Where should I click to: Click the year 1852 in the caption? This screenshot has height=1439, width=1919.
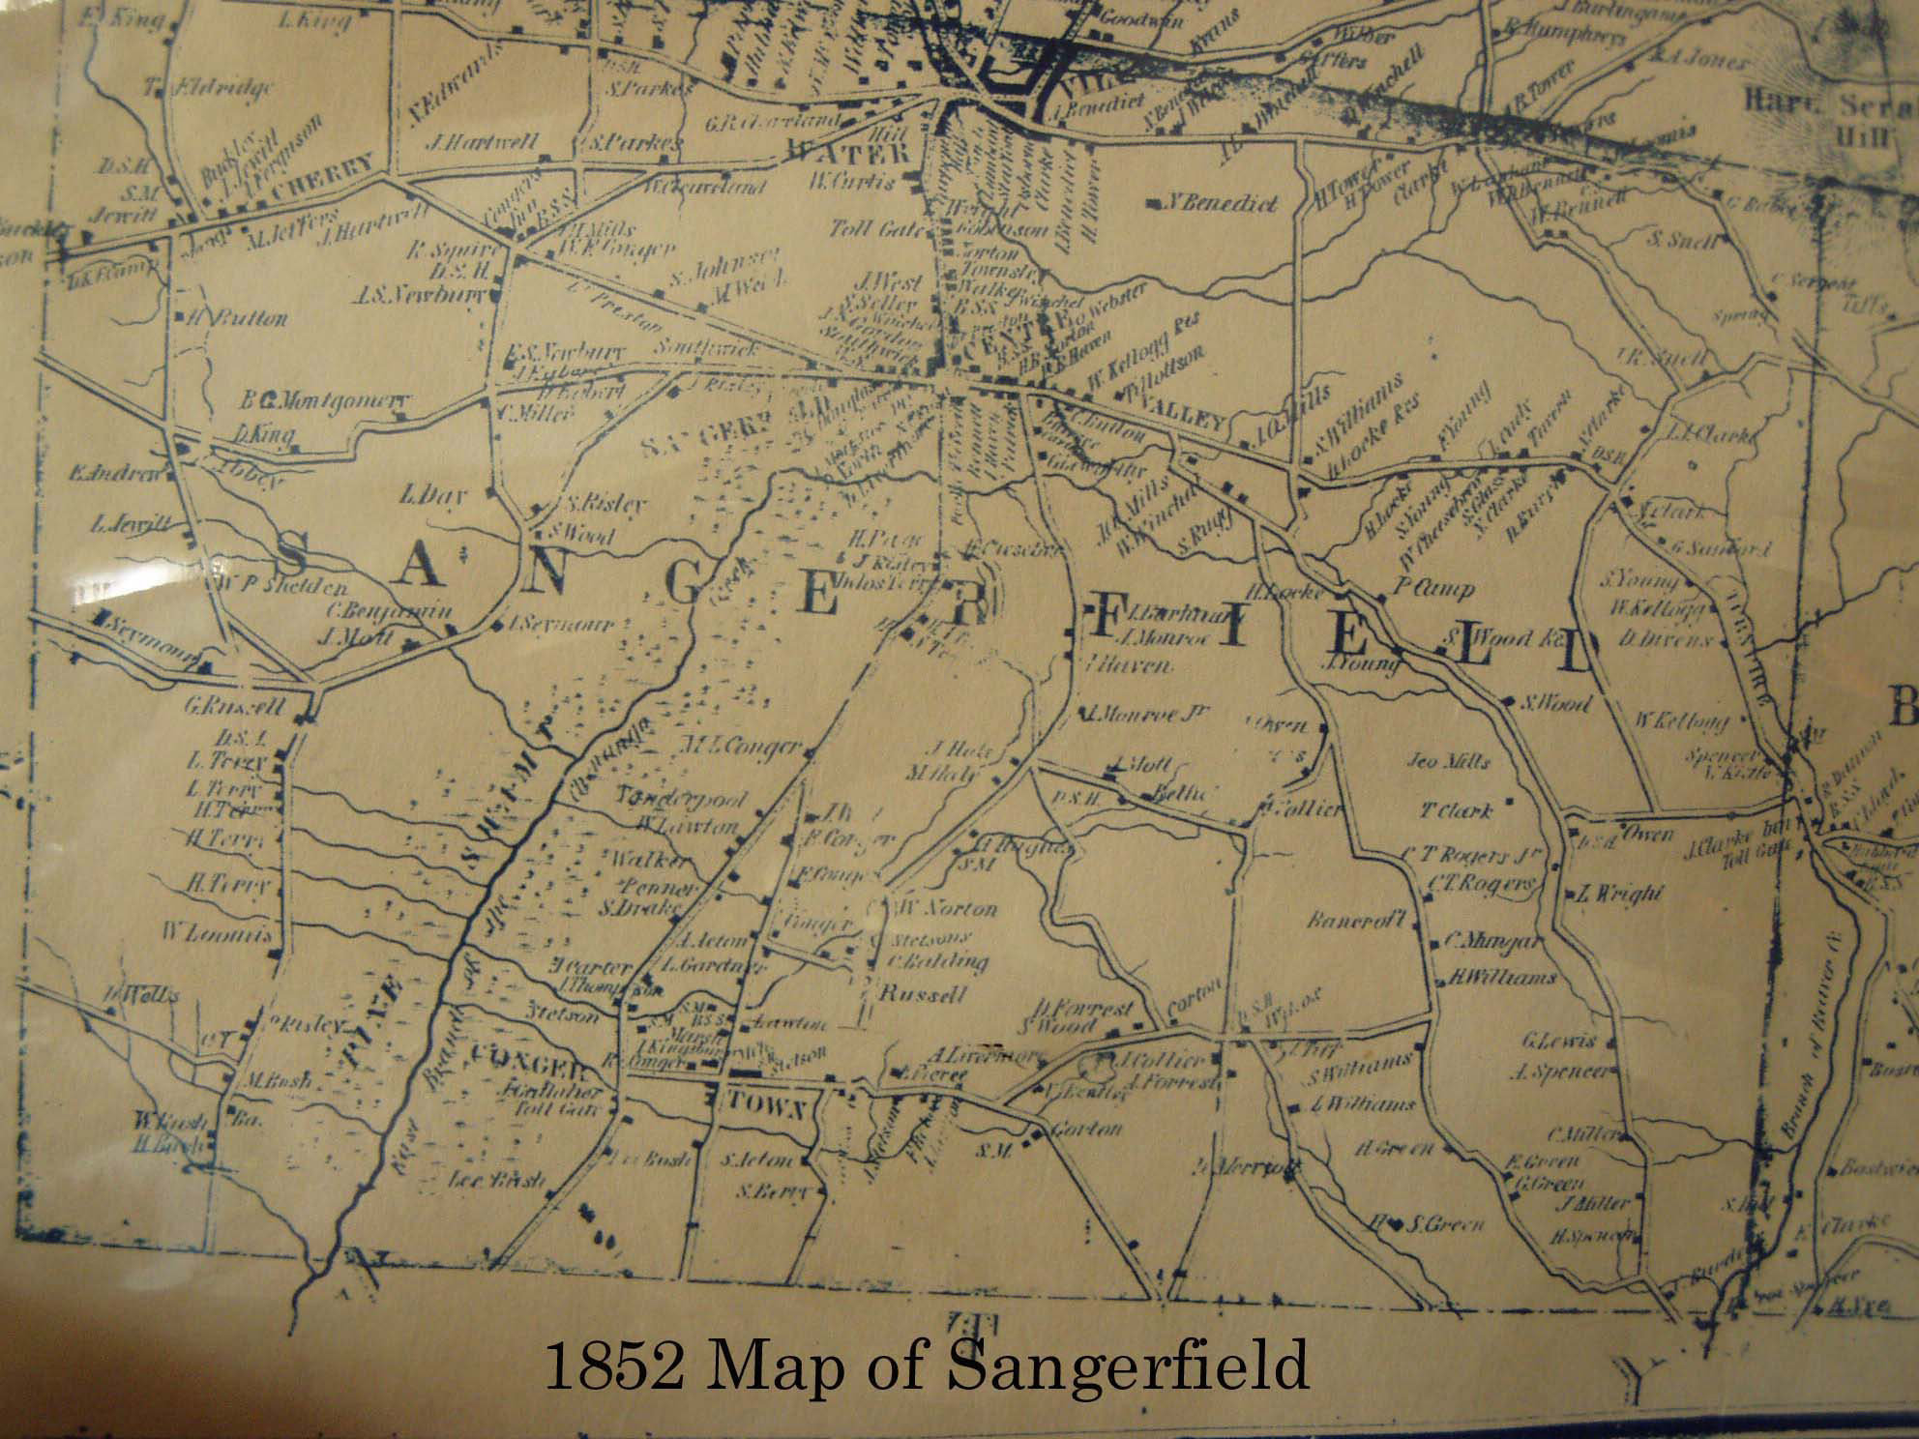[x=616, y=1366]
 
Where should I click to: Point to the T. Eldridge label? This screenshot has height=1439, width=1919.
[x=210, y=88]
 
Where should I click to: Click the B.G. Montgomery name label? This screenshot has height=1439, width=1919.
[x=326, y=401]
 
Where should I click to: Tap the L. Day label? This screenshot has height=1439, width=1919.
[x=433, y=496]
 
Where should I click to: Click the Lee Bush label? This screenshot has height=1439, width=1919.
[x=496, y=1181]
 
